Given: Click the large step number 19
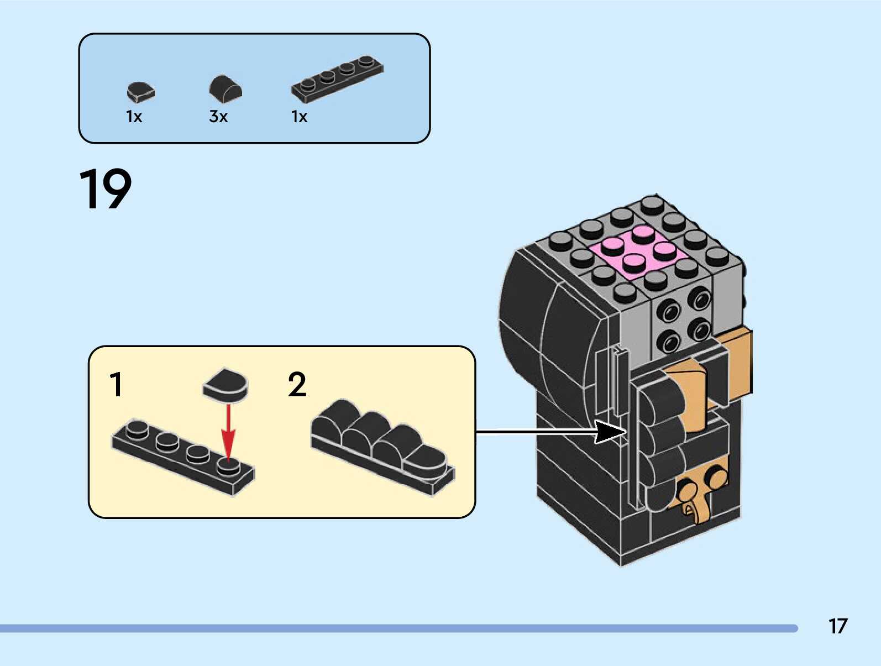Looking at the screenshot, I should click(x=106, y=189).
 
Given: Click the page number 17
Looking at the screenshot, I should click(x=837, y=626).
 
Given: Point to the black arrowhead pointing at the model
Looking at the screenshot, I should click(x=610, y=432).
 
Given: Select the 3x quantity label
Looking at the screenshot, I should click(x=218, y=117).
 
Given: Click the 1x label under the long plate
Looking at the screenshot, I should click(x=299, y=117).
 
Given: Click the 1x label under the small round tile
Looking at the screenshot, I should click(x=134, y=117).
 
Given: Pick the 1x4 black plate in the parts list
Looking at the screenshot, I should click(x=337, y=79).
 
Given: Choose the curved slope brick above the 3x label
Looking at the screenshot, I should click(x=226, y=88).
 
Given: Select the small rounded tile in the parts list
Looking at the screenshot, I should click(x=140, y=92).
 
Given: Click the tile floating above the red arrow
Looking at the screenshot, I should click(x=226, y=384).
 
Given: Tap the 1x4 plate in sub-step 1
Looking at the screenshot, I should click(x=182, y=457).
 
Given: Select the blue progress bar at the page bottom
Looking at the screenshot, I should click(x=398, y=628).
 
